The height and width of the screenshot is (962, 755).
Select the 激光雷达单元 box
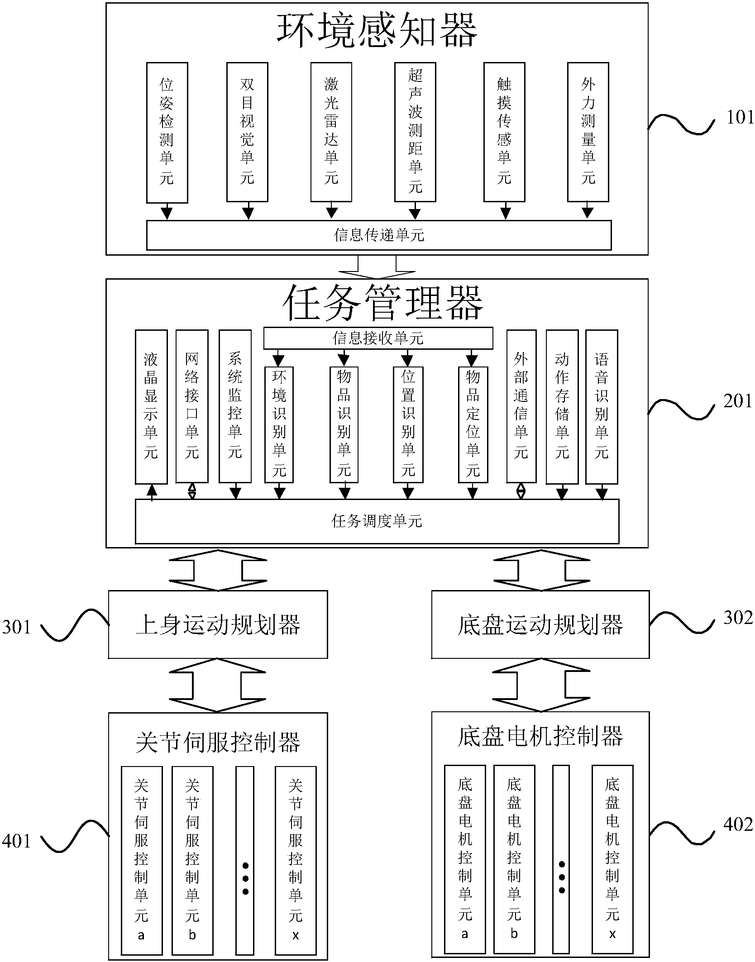point(331,132)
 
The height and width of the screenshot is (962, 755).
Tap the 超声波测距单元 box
point(415,132)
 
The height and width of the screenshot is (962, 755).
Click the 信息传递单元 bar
point(378,235)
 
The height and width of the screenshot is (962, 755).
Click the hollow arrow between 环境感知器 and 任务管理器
point(377,268)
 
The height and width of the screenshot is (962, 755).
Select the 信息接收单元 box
point(377,338)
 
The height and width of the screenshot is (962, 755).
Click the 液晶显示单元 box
point(151,406)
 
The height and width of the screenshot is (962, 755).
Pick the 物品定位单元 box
point(473,424)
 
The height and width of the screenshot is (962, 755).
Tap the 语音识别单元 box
point(601,406)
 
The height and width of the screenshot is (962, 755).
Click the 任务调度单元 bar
point(377,521)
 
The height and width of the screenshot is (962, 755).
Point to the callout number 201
point(737,401)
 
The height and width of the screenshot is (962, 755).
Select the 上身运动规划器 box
point(218,625)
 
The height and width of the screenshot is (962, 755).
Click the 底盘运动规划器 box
point(540,625)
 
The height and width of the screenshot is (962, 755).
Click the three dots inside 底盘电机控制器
point(562,877)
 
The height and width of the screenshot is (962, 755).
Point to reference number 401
point(16,841)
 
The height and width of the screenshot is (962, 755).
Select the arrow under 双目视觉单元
point(248,212)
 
